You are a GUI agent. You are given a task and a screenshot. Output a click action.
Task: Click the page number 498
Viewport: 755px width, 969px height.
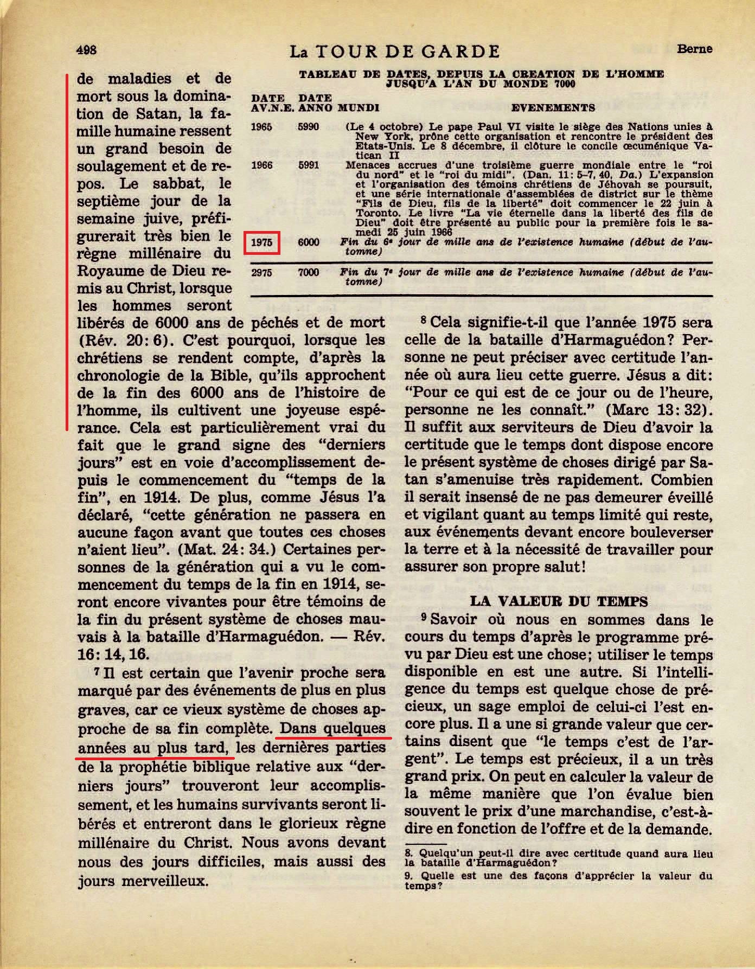click(87, 50)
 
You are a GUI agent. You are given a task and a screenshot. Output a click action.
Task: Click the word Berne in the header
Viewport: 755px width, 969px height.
click(694, 49)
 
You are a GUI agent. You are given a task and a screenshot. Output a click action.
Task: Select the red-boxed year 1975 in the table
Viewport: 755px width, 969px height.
click(262, 242)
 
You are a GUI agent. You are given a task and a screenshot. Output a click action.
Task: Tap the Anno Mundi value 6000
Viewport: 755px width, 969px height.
click(309, 242)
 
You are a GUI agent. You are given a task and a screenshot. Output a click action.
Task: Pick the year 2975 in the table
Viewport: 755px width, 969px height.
click(262, 272)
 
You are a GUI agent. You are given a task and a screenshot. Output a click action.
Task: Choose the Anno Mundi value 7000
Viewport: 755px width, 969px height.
click(309, 272)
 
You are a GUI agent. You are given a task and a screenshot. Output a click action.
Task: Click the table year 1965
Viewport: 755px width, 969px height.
click(262, 127)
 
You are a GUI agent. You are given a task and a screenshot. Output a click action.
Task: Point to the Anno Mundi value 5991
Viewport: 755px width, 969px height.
click(309, 165)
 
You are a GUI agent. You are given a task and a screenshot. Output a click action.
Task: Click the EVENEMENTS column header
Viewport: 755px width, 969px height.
click(553, 107)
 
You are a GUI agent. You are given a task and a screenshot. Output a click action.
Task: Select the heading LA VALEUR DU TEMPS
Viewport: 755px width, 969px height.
click(559, 601)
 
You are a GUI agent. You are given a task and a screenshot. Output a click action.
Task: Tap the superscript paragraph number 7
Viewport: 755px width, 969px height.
click(96, 671)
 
